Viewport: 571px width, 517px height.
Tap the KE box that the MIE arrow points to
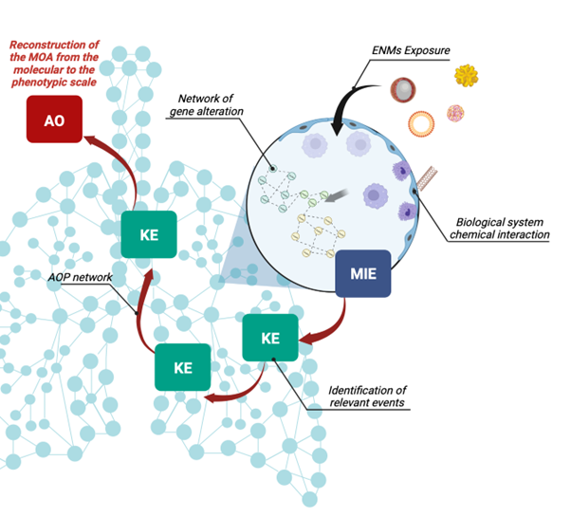click(x=269, y=338)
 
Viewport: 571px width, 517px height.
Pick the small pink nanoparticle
click(x=456, y=113)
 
